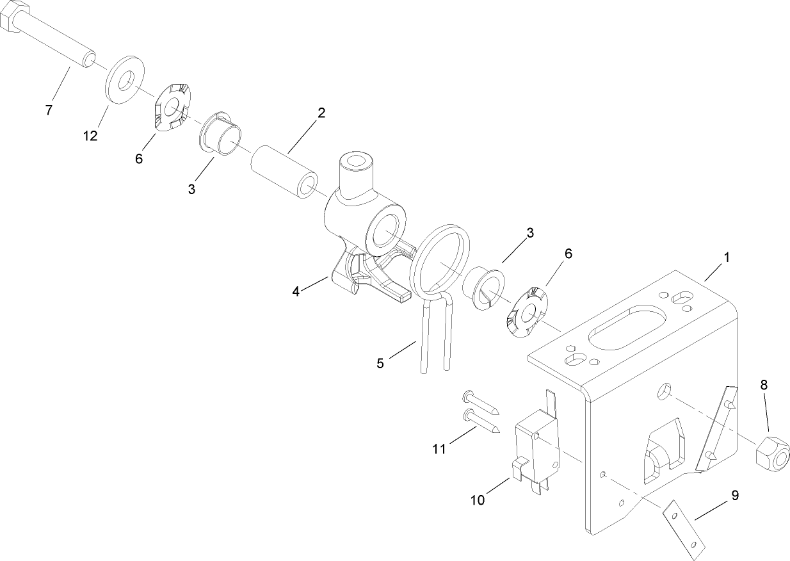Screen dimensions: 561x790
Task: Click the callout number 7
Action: (x=49, y=110)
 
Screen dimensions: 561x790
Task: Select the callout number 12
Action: (x=90, y=136)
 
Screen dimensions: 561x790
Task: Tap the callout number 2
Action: (x=321, y=113)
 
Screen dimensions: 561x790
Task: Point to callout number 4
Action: (x=296, y=291)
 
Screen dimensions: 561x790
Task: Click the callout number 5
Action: (x=380, y=364)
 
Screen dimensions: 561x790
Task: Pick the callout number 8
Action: (x=764, y=385)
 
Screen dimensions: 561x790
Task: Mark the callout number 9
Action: (x=735, y=495)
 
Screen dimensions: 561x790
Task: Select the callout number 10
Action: (x=478, y=500)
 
